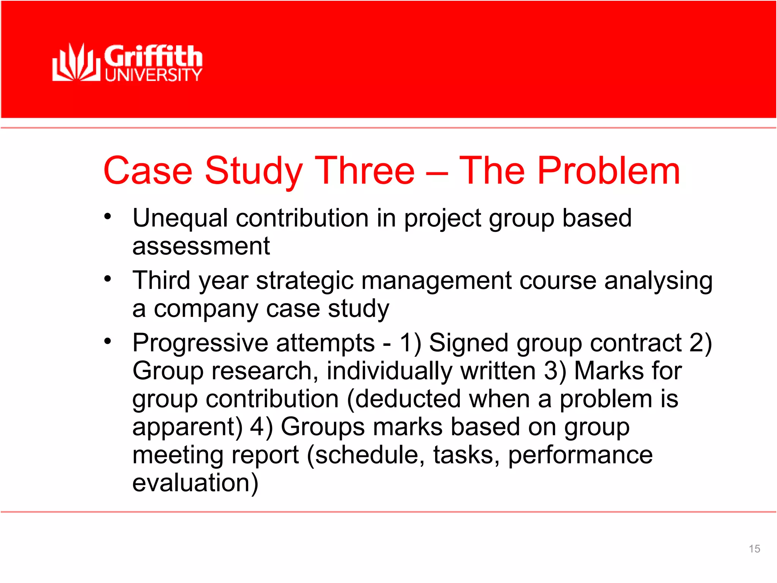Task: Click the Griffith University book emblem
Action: tap(76, 63)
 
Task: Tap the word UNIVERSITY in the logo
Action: tap(153, 75)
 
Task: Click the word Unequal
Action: tap(180, 219)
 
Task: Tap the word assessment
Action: tap(201, 246)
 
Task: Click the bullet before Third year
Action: tap(108, 279)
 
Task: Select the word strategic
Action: tap(305, 281)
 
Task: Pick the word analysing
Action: tap(658, 281)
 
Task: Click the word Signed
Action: tap(469, 343)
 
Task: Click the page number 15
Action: tap(754, 549)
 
